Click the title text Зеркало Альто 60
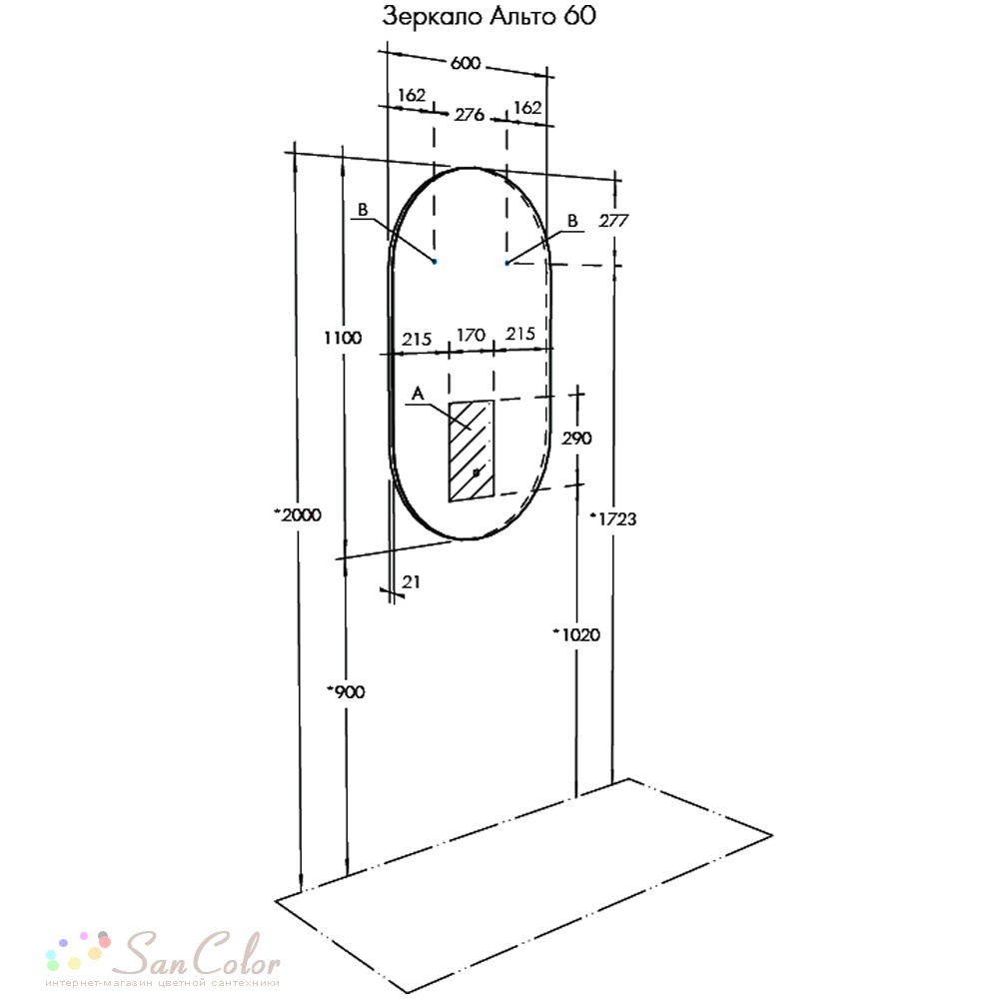coord(489,16)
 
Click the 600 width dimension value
coord(466,63)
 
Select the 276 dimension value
coord(469,115)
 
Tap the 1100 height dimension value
coord(343,338)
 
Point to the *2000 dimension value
coord(298,514)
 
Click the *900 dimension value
coord(346,692)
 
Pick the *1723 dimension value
coord(613,519)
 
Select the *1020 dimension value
coord(576,634)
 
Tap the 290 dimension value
coord(576,439)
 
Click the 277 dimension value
coord(613,221)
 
